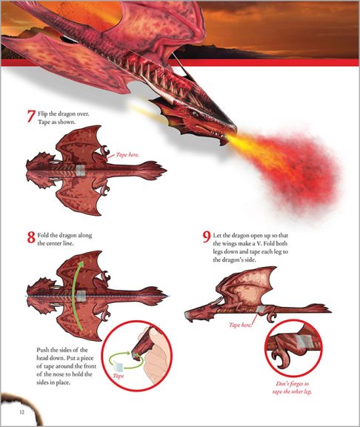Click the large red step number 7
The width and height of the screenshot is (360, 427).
[30, 116]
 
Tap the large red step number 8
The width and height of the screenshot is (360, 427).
[30, 238]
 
